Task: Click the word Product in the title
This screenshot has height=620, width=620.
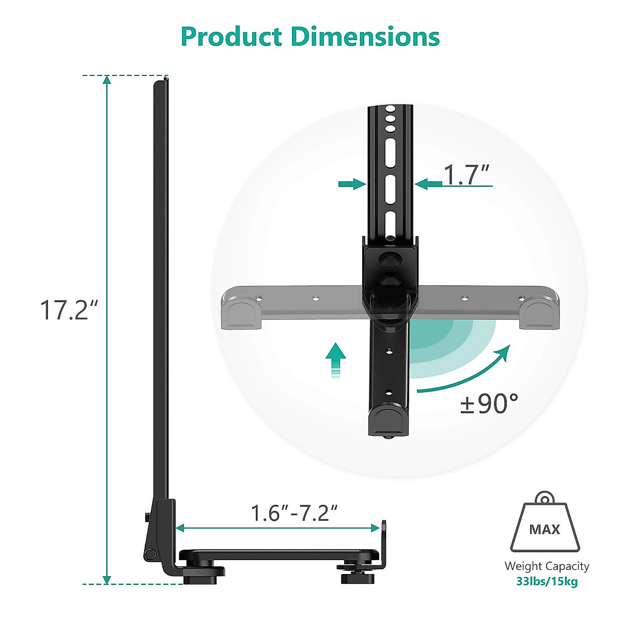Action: [232, 37]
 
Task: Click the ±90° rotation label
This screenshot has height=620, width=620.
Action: [489, 404]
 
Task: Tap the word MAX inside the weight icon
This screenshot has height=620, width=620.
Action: [545, 530]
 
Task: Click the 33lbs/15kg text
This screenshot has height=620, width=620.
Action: [547, 581]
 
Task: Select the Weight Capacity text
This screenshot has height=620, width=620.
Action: [547, 566]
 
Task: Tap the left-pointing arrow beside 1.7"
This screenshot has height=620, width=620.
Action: [428, 183]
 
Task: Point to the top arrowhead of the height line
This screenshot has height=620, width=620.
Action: [107, 80]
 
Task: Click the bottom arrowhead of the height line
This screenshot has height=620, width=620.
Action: [107, 579]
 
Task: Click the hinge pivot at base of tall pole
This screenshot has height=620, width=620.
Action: [150, 554]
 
